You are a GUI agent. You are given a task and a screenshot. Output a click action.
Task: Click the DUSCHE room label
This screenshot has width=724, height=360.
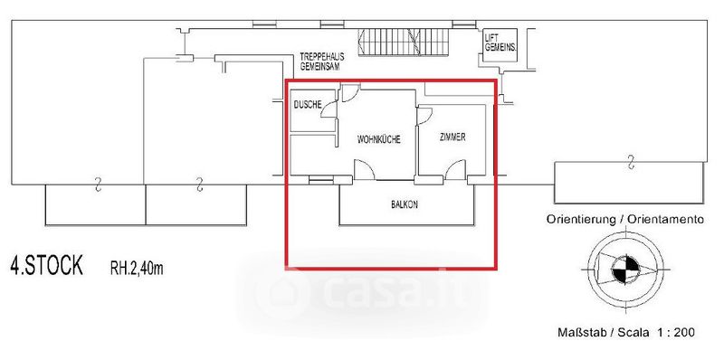[x=308, y=105]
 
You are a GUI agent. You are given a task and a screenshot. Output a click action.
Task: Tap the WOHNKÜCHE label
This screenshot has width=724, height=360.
[x=378, y=139]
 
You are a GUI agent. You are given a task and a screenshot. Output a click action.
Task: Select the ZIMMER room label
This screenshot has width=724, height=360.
[x=452, y=137]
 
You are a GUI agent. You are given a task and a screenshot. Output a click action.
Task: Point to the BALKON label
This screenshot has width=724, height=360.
[x=404, y=204]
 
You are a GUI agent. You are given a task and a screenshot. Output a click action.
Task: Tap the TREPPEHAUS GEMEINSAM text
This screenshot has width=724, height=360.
[x=322, y=61]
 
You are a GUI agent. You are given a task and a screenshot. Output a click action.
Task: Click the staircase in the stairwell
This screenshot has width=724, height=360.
[x=404, y=42]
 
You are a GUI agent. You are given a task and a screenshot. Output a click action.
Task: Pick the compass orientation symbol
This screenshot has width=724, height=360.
[x=625, y=270]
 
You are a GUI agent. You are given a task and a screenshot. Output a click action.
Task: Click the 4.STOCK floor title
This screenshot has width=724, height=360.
[x=47, y=266]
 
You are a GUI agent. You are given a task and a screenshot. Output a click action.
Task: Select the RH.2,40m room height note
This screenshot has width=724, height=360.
[x=137, y=268]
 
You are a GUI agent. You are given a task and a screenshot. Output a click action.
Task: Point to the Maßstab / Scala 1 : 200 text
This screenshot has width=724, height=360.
[x=626, y=332]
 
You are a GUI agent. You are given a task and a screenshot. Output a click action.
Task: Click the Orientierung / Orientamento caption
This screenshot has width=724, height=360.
[x=625, y=219]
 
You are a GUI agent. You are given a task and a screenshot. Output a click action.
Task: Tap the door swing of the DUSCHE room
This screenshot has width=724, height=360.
[x=329, y=109]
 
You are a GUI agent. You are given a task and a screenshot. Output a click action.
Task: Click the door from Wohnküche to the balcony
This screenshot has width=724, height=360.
[x=364, y=170]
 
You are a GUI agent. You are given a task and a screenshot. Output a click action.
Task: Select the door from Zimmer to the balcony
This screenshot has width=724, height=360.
[x=456, y=170]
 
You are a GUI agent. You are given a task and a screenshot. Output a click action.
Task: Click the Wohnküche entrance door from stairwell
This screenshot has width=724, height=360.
[x=351, y=92]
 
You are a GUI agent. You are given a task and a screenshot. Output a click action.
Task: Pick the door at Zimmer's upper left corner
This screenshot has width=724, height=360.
[x=424, y=116]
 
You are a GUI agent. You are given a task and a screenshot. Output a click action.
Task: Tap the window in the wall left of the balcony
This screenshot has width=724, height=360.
[x=321, y=180]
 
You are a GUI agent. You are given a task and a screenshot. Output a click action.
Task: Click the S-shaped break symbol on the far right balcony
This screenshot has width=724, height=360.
[x=630, y=163]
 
